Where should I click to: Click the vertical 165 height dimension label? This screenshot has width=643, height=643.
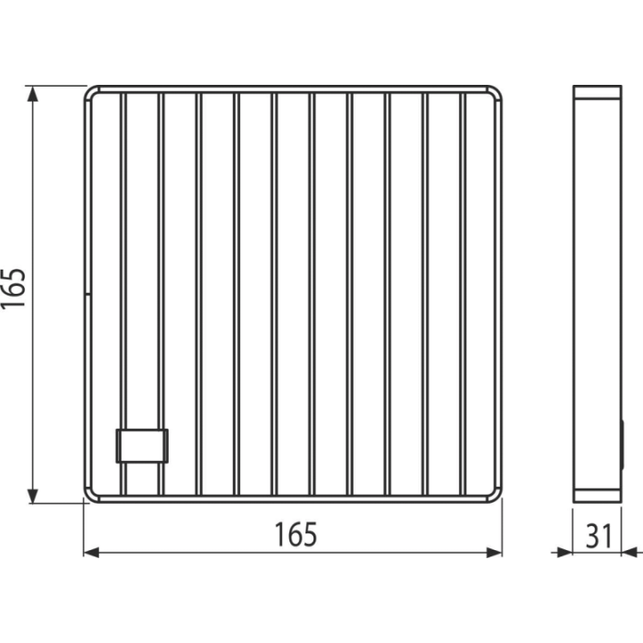13,288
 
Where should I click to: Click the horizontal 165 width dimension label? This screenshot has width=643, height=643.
296,534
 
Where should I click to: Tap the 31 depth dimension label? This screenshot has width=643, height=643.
598,536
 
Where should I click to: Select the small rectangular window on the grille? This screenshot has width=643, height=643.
142,446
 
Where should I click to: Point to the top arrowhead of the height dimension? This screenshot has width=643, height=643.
32,94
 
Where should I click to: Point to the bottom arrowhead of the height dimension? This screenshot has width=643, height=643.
32,496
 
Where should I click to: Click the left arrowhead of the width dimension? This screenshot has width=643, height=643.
91,553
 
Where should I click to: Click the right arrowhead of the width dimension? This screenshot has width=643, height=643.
494,553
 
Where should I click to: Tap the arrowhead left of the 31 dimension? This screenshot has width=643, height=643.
564,553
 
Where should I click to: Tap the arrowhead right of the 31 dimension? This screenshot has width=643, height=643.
629,553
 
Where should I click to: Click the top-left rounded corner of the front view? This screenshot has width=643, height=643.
89,91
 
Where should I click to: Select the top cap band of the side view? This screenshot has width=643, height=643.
597,92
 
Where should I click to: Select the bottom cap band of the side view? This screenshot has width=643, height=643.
597,496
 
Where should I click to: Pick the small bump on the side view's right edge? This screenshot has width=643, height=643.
623,445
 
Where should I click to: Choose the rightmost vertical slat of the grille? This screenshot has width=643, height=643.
463,294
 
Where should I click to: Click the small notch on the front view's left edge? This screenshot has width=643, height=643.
88,294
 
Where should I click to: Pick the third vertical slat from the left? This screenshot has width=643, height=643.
198,294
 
